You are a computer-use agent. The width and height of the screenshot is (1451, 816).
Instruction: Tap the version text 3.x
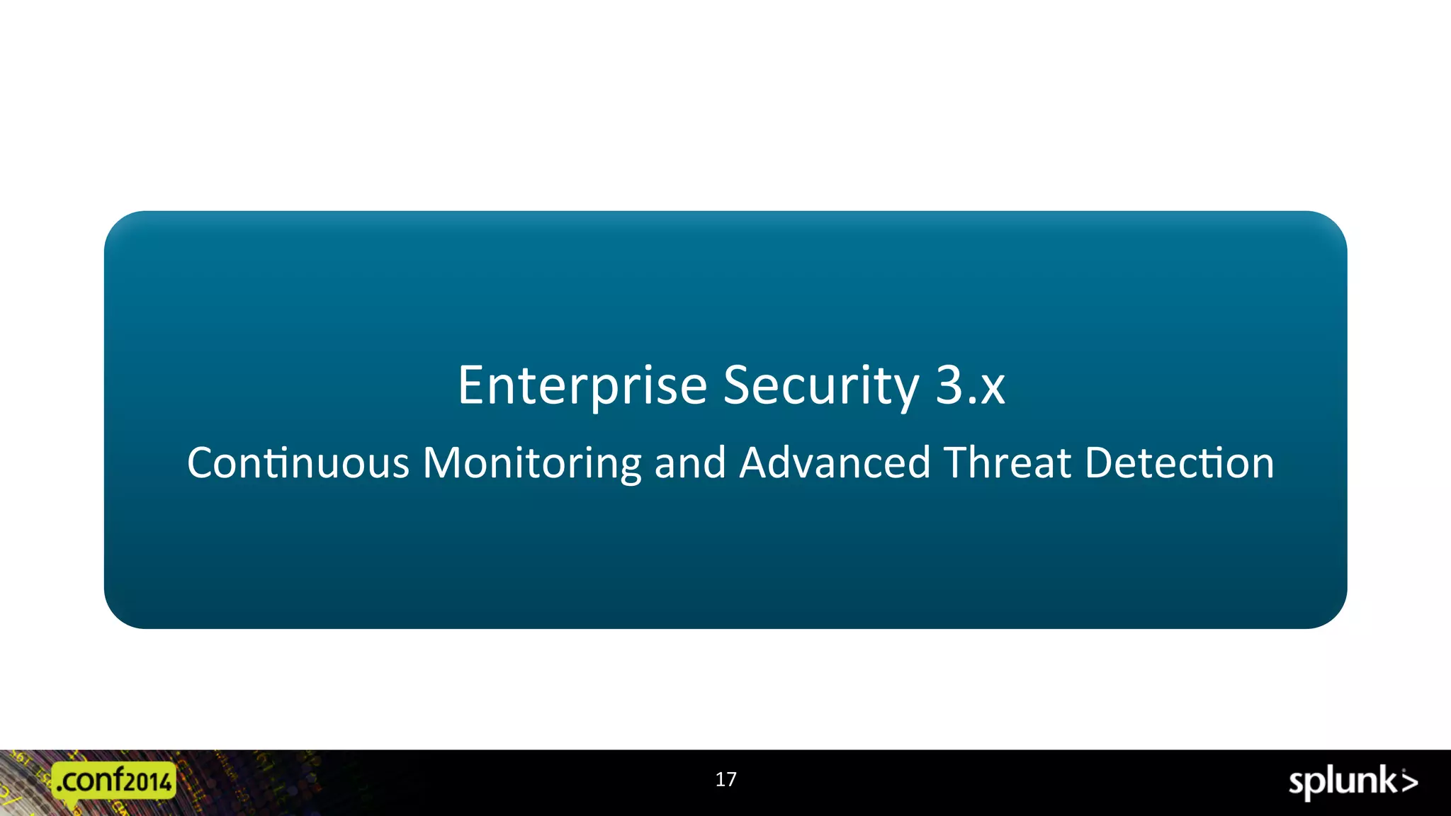970,386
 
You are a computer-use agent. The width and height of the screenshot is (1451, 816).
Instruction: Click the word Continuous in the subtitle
298,463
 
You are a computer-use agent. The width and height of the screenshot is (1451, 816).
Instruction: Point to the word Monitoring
532,463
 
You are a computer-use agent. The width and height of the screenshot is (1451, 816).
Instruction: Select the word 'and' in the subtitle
690,463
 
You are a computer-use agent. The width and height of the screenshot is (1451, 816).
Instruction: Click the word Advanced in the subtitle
835,463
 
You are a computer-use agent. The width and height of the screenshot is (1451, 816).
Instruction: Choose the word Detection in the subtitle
1180,463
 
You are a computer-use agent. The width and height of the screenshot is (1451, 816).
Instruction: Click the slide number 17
725,780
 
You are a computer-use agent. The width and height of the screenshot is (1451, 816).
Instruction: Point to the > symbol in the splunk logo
1408,782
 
